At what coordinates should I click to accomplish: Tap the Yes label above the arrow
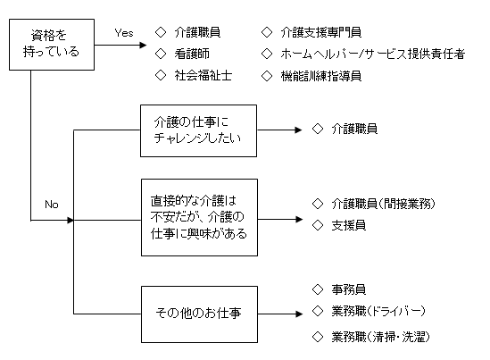click(124, 33)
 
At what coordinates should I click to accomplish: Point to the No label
click(52, 205)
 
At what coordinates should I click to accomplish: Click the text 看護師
click(192, 54)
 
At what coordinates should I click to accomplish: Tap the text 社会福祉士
click(203, 75)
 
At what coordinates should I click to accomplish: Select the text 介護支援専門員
click(321, 32)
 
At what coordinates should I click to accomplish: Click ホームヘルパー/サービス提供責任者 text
click(372, 54)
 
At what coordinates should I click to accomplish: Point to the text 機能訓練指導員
click(321, 76)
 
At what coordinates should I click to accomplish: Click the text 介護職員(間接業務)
click(383, 204)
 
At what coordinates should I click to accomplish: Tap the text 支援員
click(348, 225)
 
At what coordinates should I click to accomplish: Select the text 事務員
click(348, 289)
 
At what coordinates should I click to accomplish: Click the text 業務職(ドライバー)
click(378, 311)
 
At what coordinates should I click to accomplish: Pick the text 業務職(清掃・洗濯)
click(380, 337)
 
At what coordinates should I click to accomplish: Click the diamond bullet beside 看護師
click(161, 54)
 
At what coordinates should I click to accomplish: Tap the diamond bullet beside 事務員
click(318, 289)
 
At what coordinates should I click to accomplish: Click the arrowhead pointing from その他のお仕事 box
click(299, 314)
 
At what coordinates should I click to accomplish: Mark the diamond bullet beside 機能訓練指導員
click(267, 76)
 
